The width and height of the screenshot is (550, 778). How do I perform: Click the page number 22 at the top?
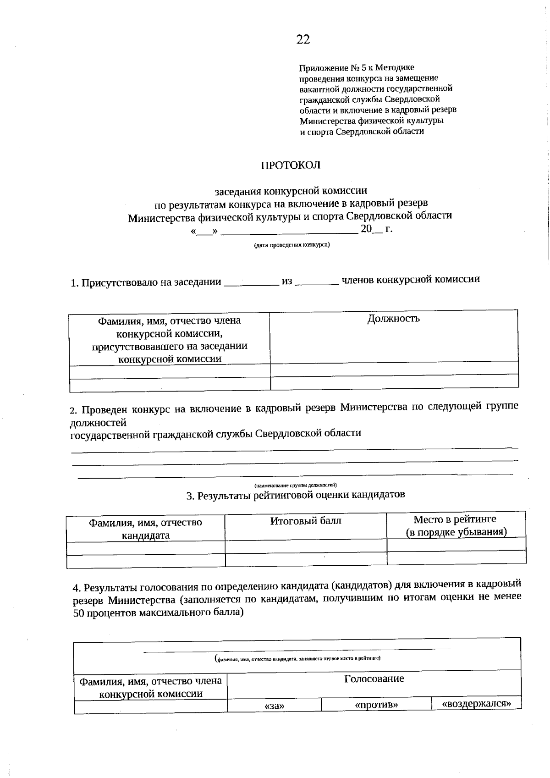(x=303, y=39)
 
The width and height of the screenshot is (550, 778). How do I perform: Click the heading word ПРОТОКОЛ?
(x=291, y=166)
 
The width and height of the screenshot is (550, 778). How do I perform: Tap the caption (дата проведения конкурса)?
(x=292, y=245)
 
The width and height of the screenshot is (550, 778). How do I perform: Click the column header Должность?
(x=393, y=318)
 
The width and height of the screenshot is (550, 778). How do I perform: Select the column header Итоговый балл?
(x=305, y=521)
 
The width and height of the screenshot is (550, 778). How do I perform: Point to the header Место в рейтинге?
(x=455, y=519)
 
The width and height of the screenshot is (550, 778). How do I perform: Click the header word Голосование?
(x=374, y=679)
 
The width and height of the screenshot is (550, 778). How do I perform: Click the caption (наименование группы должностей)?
(x=296, y=485)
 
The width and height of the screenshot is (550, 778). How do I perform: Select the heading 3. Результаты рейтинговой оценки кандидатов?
(x=296, y=495)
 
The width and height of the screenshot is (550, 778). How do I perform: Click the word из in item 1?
(x=287, y=281)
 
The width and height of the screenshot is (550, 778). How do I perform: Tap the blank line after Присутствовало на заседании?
(x=251, y=283)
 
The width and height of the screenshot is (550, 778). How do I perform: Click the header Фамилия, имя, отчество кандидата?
(x=145, y=529)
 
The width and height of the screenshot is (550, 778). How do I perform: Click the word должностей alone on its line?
(x=98, y=422)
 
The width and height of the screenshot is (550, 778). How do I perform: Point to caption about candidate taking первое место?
(x=297, y=658)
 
